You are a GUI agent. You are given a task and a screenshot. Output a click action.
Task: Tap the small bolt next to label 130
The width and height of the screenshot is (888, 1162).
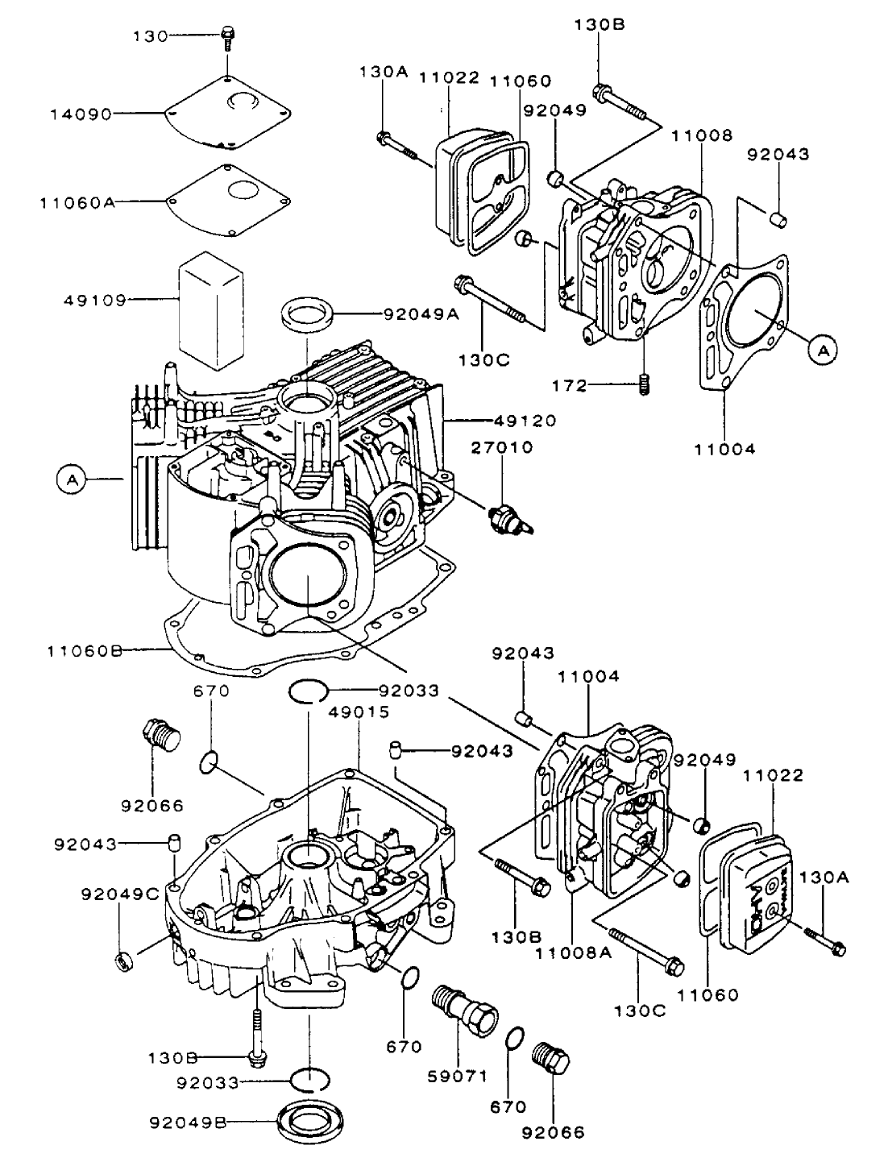[x=226, y=35]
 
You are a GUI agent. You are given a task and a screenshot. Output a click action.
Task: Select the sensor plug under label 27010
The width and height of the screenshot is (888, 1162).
[x=508, y=516]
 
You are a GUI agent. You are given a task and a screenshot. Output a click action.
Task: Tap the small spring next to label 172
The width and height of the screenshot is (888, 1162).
[x=644, y=385]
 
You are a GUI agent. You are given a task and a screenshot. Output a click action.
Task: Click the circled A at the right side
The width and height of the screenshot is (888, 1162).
[x=823, y=350]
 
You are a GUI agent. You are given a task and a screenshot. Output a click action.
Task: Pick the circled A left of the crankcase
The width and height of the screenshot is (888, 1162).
[x=72, y=479]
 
